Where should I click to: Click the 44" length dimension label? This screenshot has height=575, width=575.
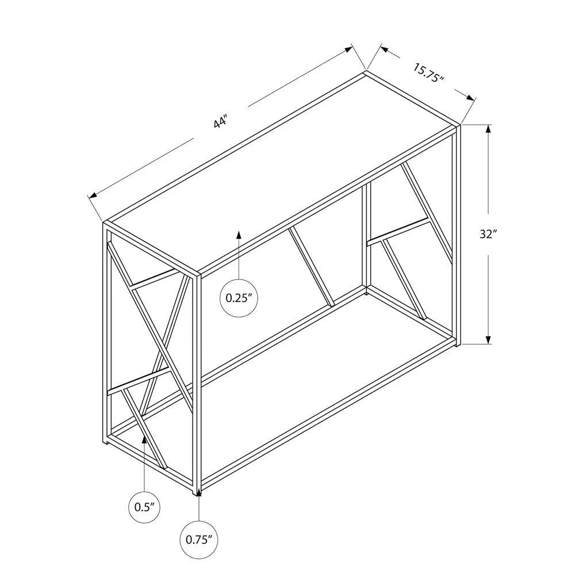click(221, 121)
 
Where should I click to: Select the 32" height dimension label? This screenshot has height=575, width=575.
click(488, 235)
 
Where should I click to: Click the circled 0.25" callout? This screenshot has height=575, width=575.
click(239, 298)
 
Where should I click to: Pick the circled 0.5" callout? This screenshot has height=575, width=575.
click(144, 507)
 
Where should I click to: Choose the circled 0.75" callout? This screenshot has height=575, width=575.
click(199, 539)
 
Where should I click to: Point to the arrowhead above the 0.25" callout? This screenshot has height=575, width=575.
click(239, 235)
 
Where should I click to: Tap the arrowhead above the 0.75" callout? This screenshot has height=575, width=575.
click(199, 493)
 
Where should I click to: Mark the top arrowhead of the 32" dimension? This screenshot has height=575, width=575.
click(488, 130)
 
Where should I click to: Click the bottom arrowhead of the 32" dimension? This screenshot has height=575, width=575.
click(488, 339)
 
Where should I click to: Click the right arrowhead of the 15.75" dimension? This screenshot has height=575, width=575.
click(471, 97)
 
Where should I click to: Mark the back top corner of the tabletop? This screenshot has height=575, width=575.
click(365, 72)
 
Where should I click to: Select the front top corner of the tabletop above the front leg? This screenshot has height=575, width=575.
click(198, 273)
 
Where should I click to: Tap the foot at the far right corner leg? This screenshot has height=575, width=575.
click(457, 344)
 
